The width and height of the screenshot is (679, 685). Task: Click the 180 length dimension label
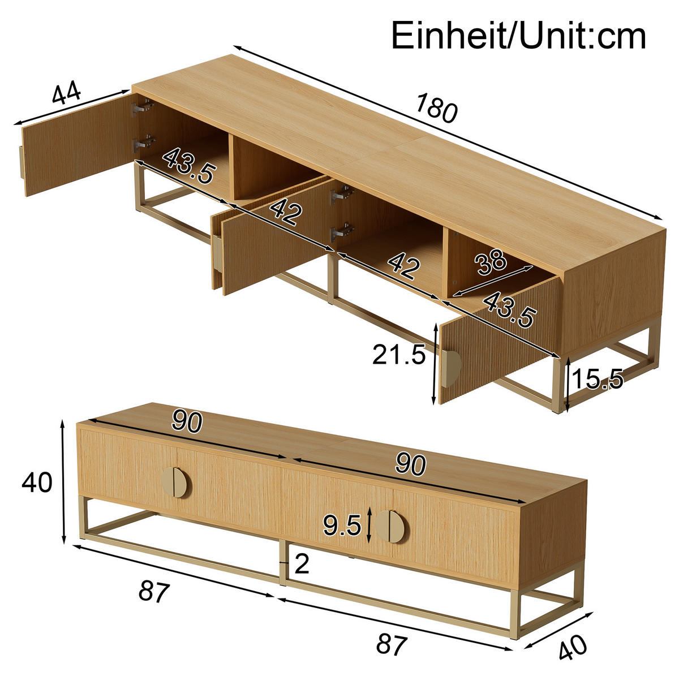coord(436,108)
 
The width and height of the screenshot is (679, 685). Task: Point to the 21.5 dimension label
coord(398,355)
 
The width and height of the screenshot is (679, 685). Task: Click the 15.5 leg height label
coord(598,378)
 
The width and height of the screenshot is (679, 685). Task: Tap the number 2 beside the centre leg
coord(302,564)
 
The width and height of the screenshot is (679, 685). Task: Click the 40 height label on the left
coord(37,482)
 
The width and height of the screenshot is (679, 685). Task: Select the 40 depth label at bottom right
coord(573,647)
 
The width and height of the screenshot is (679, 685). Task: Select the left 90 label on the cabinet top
coord(187,423)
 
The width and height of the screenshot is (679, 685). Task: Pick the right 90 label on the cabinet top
coord(410,464)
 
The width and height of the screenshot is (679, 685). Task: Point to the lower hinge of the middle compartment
coord(342,232)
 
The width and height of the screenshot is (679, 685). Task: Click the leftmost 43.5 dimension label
coord(189,166)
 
